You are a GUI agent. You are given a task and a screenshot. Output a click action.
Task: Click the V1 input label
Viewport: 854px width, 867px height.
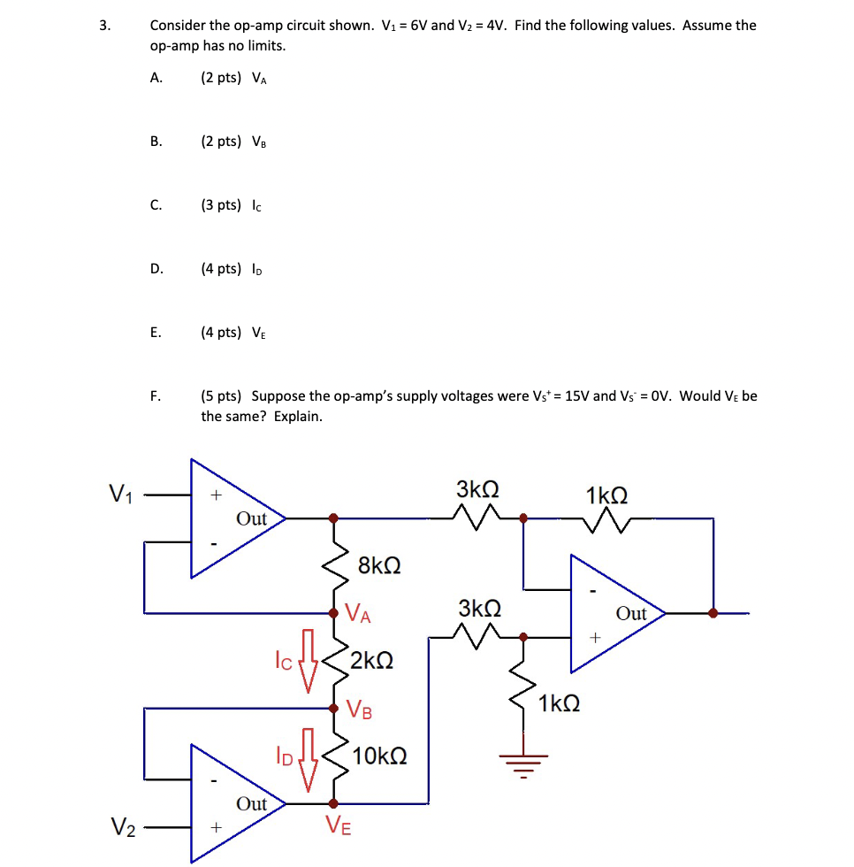[x=120, y=494]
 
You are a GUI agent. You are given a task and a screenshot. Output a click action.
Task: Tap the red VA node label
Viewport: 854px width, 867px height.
[x=358, y=613]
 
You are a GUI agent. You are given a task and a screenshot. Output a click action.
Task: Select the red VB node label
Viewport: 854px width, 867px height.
[x=359, y=710]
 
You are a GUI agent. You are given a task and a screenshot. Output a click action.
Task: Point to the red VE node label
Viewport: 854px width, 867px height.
[x=338, y=826]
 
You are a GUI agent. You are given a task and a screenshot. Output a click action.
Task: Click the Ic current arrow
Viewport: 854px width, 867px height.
[x=308, y=661]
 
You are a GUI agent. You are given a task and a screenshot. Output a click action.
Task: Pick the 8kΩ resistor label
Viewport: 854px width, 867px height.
[x=379, y=565]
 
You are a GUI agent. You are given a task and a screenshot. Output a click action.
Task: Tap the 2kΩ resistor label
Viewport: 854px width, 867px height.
[x=372, y=661]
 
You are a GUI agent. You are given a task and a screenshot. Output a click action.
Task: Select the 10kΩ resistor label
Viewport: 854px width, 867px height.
[x=380, y=756]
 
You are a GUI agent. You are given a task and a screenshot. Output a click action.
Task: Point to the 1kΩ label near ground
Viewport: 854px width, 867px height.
[x=559, y=704]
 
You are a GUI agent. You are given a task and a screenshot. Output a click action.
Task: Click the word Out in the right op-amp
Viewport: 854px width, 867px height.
[x=631, y=614]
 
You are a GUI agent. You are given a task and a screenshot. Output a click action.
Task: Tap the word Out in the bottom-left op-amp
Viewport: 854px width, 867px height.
[x=251, y=804]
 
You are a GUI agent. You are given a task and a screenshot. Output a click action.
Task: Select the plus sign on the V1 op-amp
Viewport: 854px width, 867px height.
[x=213, y=496]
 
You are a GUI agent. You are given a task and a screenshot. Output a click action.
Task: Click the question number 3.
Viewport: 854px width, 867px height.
[x=104, y=26]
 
